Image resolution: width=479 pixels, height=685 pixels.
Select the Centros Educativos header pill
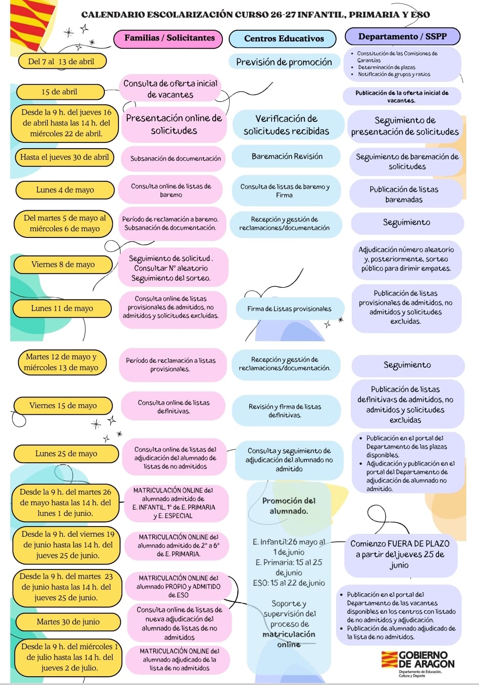click(x=282, y=39)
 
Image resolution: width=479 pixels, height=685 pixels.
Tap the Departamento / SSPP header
click(x=402, y=37)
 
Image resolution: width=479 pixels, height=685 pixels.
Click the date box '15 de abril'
click(x=60, y=92)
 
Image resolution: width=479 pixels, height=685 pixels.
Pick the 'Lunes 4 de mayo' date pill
click(x=65, y=190)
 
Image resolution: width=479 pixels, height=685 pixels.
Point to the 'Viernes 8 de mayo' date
click(x=63, y=265)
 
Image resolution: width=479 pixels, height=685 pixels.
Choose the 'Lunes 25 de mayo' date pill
click(x=66, y=453)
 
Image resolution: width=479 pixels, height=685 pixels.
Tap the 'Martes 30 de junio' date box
click(x=68, y=622)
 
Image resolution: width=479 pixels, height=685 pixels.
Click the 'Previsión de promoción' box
click(x=284, y=62)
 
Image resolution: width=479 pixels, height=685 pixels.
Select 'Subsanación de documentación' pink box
click(x=174, y=159)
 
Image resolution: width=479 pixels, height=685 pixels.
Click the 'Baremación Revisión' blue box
click(x=286, y=157)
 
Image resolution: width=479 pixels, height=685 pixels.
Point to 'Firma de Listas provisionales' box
click(x=289, y=309)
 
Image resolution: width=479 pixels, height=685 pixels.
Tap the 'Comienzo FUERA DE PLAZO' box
click(x=400, y=554)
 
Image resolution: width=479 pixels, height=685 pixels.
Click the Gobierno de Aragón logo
click(x=418, y=665)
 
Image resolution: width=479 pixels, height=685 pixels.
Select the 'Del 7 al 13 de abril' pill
click(x=62, y=61)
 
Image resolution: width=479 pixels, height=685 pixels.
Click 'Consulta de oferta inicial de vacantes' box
click(x=170, y=89)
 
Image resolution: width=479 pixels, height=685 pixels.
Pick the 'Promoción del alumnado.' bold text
click(x=288, y=506)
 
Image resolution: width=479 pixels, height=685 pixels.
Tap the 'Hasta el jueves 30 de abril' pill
click(x=64, y=157)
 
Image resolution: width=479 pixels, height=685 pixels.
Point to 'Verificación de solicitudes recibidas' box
click(x=286, y=125)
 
